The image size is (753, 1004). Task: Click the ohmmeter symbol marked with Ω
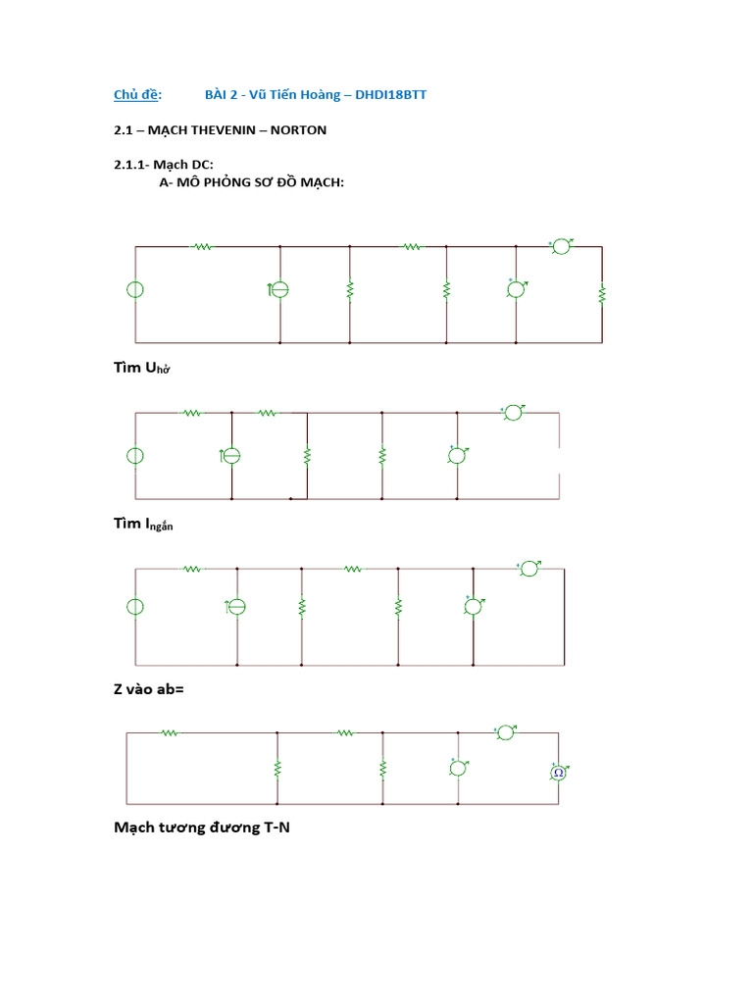558,773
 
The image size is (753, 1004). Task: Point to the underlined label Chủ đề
137,94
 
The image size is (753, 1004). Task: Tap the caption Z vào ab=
148,689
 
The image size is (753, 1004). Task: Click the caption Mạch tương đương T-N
202,828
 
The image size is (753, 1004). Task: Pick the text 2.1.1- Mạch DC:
163,165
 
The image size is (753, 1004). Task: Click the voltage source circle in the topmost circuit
135,290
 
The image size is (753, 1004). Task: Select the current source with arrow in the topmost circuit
279,290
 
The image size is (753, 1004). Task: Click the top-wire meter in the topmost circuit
561,246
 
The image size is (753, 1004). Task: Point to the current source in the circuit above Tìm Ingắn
231,455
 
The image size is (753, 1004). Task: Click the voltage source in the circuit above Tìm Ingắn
135,455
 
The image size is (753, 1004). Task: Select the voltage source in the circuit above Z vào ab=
135,607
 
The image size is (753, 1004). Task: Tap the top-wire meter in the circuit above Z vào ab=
529,568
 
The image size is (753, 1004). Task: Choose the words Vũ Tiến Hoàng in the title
284,94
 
